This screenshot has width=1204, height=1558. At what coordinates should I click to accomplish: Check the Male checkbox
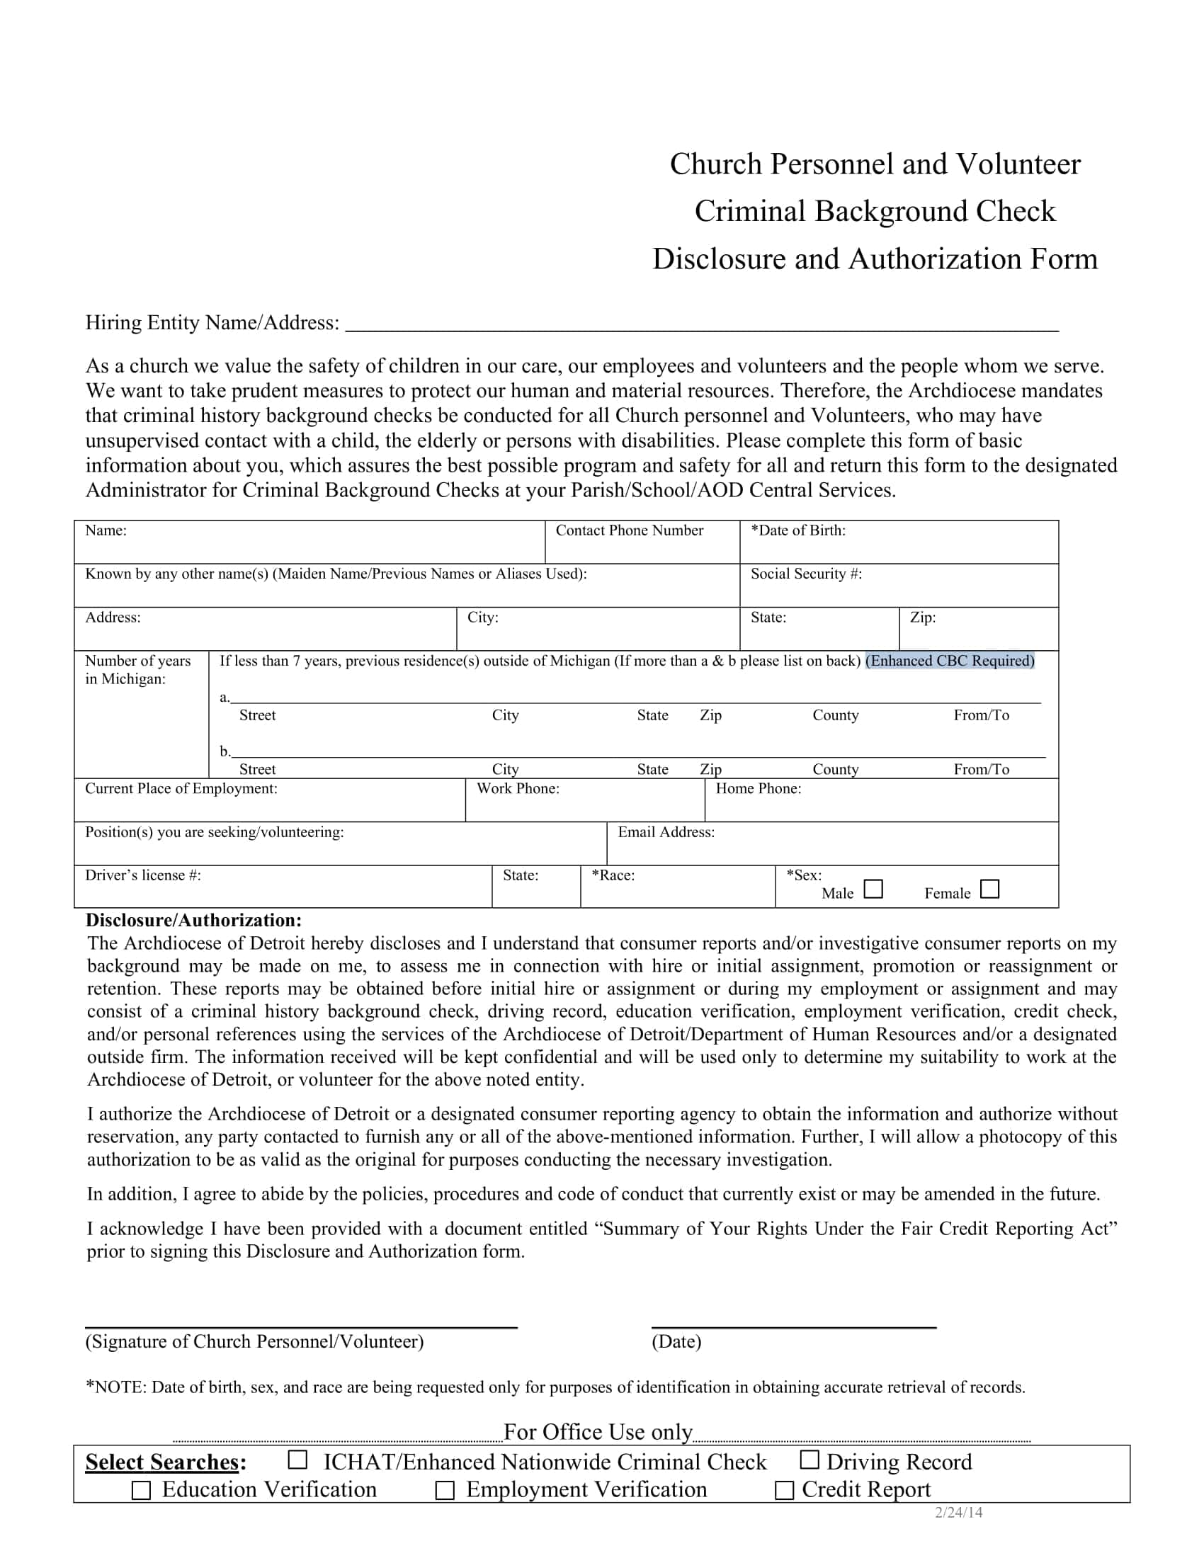(x=873, y=889)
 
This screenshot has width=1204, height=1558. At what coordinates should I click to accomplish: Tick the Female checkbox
(x=990, y=889)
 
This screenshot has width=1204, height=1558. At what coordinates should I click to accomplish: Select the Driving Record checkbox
(x=809, y=1460)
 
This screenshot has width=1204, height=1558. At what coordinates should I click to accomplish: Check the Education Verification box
(x=141, y=1490)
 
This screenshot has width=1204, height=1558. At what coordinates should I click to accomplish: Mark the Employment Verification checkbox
(x=445, y=1490)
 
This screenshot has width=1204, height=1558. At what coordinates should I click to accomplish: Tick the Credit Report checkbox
(x=784, y=1490)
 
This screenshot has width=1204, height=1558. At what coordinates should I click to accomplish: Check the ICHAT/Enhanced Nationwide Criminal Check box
(x=297, y=1460)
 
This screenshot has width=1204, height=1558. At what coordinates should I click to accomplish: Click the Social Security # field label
(x=806, y=574)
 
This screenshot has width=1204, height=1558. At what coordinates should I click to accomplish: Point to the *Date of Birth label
(x=798, y=530)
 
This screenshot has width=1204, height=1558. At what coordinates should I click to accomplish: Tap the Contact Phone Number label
(x=629, y=530)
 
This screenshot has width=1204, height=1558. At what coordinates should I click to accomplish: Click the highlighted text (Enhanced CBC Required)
(x=949, y=661)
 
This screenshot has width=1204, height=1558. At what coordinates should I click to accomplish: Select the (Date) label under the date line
(x=676, y=1342)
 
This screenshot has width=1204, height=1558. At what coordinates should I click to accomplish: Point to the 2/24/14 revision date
(x=959, y=1513)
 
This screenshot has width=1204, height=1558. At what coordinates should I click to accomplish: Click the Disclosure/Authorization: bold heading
(x=193, y=920)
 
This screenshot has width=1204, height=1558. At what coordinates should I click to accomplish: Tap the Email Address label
(x=666, y=832)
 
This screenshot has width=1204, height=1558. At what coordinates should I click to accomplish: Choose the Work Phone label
(x=518, y=788)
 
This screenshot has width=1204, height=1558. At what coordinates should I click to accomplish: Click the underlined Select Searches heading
(x=162, y=1462)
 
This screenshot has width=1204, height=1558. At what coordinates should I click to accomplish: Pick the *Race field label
(x=613, y=875)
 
